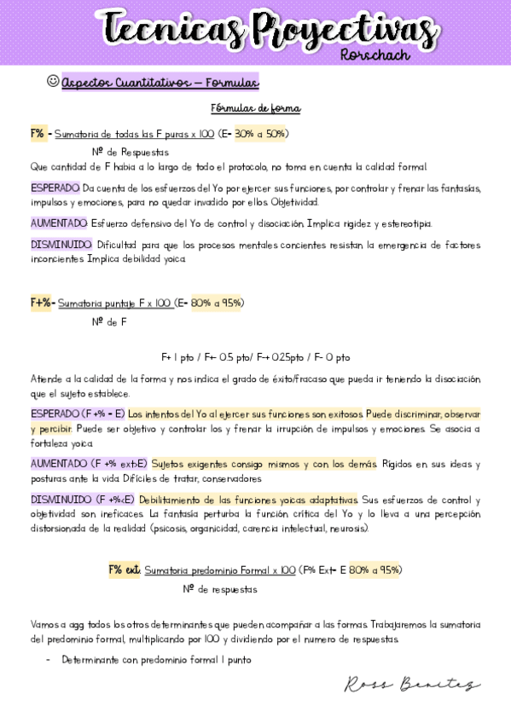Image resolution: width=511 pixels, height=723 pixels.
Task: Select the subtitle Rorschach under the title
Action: click(375, 55)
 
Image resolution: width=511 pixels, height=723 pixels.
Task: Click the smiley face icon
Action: click(53, 81)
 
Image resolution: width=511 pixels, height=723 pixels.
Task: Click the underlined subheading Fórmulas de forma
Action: click(256, 109)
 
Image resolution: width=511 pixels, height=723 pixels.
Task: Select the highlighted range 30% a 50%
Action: click(261, 134)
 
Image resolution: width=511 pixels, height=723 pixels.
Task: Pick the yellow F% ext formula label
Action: click(124, 570)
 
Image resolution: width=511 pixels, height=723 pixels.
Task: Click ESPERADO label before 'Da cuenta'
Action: click(55, 188)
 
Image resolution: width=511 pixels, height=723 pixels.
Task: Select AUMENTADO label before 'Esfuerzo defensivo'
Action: click(59, 223)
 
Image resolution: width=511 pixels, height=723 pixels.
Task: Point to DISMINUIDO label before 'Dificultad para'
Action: click(61, 245)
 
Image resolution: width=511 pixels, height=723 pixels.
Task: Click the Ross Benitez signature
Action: click(413, 685)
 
